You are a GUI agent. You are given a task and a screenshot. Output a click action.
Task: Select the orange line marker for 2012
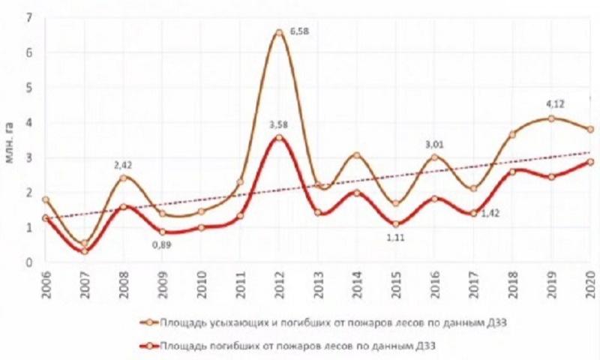click(279, 33)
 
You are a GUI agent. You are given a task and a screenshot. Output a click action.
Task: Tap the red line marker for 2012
click(279, 137)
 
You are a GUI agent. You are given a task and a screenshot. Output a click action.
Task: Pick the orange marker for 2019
click(551, 118)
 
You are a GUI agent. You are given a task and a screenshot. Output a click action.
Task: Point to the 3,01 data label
click(435, 144)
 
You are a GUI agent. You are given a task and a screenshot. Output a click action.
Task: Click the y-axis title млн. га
click(10, 138)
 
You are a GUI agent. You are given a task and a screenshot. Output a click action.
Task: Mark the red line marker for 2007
click(85, 250)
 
